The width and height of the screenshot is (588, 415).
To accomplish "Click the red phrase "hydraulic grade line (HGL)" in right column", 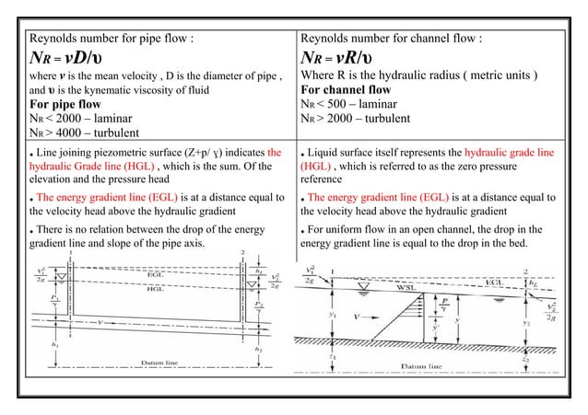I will pyautogui.click(x=493, y=154).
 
